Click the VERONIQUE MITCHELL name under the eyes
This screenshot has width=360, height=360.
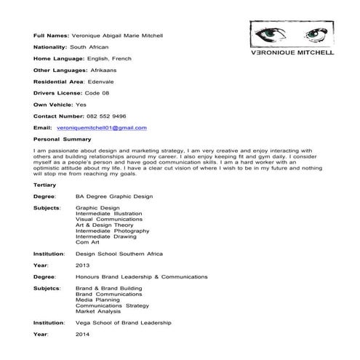292,54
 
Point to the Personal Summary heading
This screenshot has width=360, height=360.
63,138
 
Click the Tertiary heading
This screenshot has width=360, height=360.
45,185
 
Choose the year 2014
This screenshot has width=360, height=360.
82,333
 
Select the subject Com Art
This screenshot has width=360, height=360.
88,241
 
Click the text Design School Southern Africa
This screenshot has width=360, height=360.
119,253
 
